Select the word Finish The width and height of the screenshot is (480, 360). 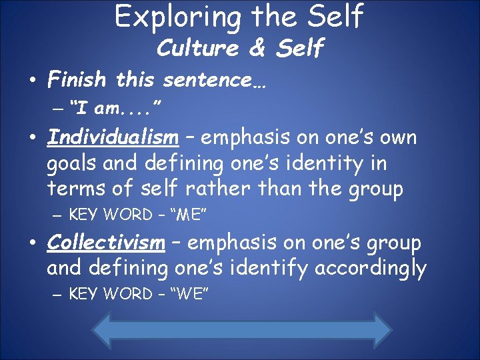point(77,81)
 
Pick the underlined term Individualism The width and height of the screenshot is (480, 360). point(113,138)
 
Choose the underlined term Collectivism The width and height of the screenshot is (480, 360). point(106,243)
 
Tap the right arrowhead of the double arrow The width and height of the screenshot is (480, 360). point(381,331)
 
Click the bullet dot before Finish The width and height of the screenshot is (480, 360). point(32,81)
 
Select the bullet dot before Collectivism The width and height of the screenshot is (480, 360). point(32,244)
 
